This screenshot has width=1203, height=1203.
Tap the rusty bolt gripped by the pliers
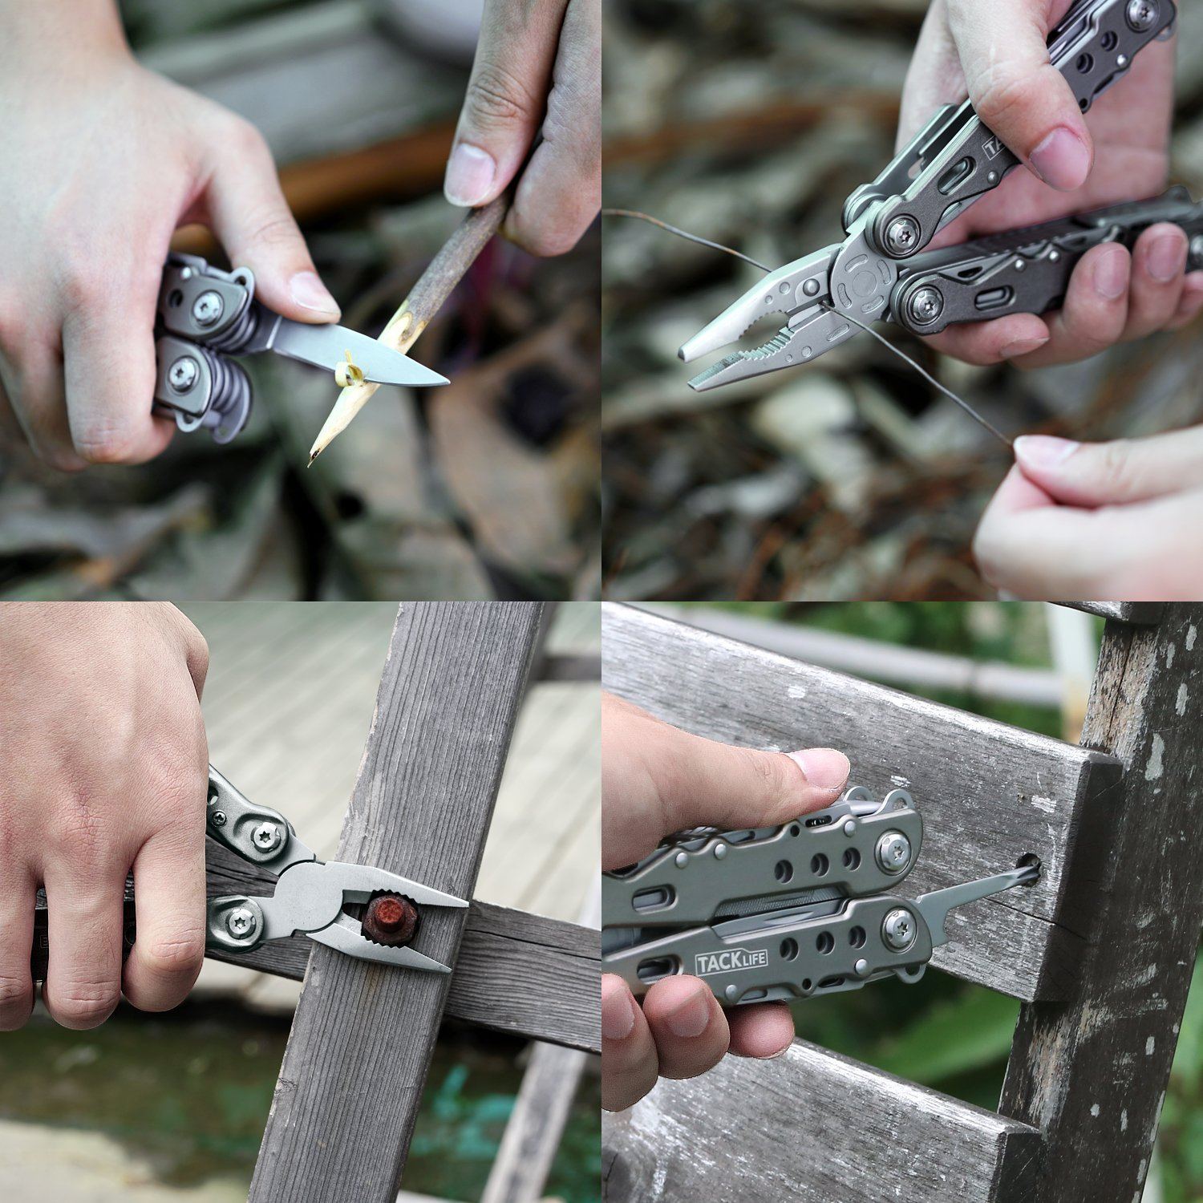click(391, 919)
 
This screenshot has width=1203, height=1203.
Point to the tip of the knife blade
click(446, 383)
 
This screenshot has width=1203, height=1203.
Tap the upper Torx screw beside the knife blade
click(208, 306)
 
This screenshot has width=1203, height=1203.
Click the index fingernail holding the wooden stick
click(470, 173)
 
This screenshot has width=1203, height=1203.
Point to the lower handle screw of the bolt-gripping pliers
click(238, 922)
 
